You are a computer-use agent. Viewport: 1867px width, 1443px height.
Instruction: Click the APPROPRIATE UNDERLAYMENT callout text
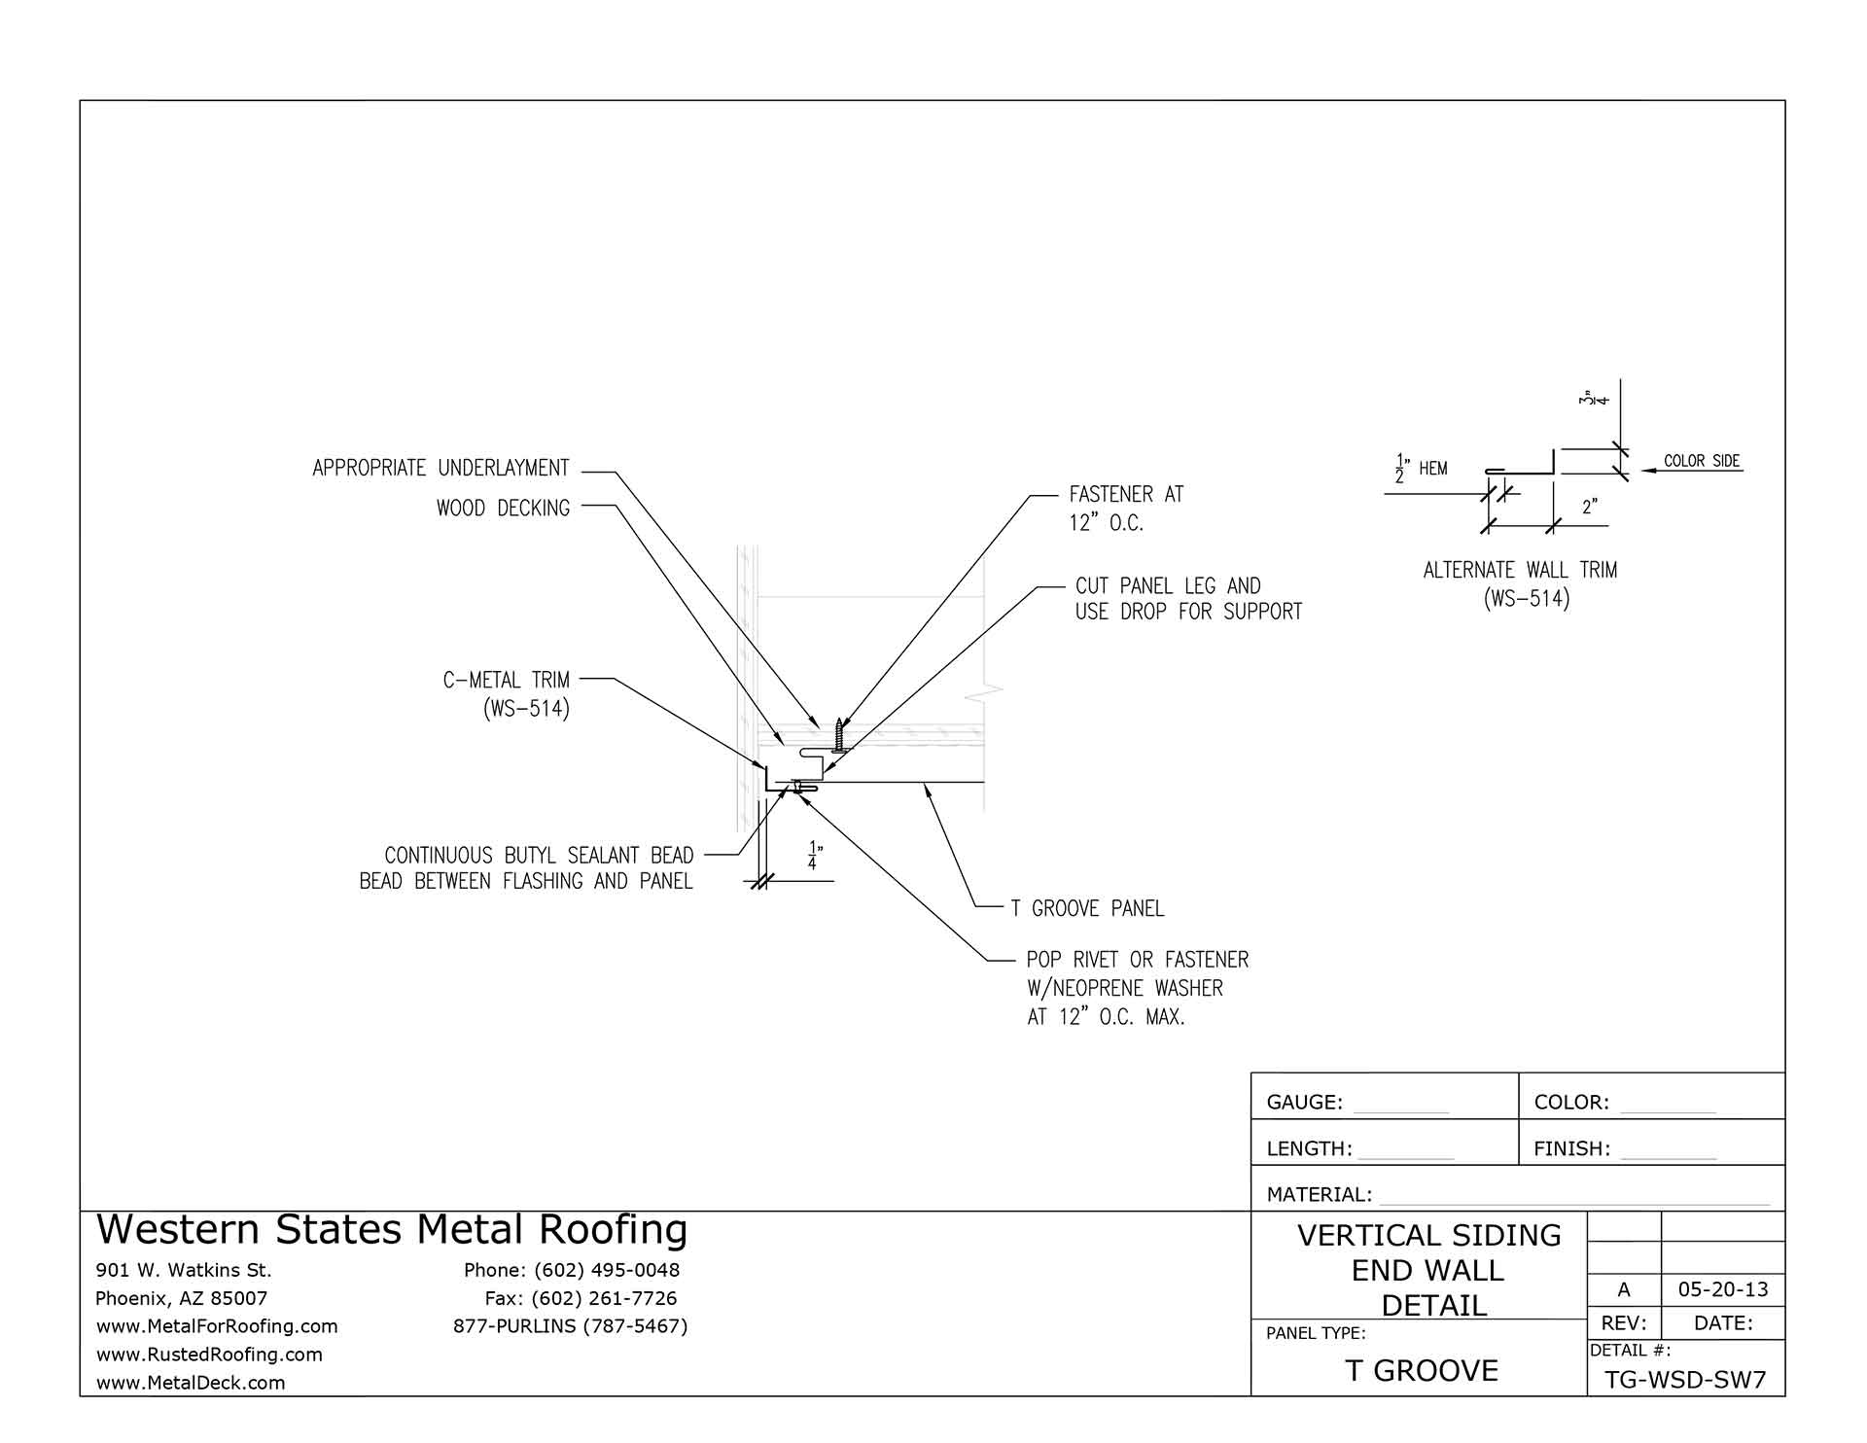[440, 469]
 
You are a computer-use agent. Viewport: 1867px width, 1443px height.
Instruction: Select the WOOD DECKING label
[503, 509]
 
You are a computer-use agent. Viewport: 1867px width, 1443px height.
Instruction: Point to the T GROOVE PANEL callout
[1087, 909]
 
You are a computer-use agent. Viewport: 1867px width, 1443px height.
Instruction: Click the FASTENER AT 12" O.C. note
[1126, 509]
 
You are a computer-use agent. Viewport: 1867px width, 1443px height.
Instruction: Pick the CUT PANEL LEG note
[1187, 599]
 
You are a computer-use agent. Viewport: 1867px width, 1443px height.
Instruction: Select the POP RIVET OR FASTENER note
[1137, 988]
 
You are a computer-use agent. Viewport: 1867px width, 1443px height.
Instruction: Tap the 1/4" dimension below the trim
[813, 855]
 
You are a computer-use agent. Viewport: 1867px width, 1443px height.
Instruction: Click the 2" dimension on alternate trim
[1590, 508]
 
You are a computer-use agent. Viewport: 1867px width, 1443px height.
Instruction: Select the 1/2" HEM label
[1422, 469]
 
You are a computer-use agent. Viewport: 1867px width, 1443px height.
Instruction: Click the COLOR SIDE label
[1702, 461]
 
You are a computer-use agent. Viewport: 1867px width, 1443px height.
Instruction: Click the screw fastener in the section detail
[839, 735]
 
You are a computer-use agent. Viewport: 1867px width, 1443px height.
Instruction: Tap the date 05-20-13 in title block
[1723, 1290]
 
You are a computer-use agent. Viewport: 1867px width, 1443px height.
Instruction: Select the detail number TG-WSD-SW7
[1685, 1381]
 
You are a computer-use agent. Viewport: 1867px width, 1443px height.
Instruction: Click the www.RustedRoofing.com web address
[209, 1355]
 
